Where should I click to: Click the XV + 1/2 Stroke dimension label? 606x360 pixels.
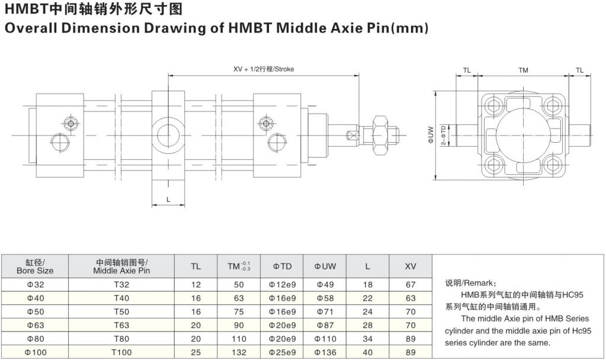point(263,69)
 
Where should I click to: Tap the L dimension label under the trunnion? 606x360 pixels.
point(168,200)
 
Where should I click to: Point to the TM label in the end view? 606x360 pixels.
point(523,70)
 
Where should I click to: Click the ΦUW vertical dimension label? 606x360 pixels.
point(431,135)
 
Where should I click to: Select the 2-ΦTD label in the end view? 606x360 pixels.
point(443,135)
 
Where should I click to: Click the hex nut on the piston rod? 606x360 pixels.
point(380,135)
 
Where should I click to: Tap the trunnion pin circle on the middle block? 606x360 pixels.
point(168,136)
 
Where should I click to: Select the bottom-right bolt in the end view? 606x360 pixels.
point(553,165)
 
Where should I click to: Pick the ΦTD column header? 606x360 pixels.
point(282,266)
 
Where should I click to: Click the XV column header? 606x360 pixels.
point(411,266)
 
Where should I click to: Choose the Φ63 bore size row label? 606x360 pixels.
point(35,325)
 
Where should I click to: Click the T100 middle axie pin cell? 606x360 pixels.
point(121,352)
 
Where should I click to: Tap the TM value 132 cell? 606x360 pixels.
point(239,352)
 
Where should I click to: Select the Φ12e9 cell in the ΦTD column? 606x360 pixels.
point(282,285)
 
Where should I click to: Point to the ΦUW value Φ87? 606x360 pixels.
point(325,325)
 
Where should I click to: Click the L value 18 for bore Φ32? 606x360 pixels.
point(367,285)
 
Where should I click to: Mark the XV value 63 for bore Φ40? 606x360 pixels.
point(411,298)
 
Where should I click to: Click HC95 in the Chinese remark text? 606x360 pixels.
point(573,295)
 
